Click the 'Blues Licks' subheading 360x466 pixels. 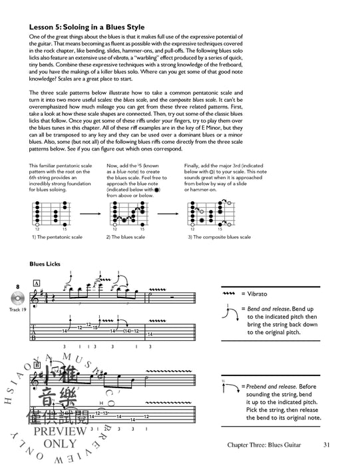[45, 264]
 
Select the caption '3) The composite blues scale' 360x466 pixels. [219, 237]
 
